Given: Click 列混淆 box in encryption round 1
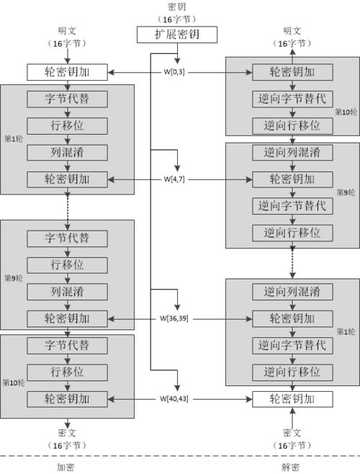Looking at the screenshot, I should pyautogui.click(x=67, y=151).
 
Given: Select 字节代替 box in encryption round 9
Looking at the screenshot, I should pyautogui.click(x=67, y=238).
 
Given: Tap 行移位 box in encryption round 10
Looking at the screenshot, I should pyautogui.click(x=67, y=372).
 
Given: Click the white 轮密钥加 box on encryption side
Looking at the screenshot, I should pyautogui.click(x=67, y=71).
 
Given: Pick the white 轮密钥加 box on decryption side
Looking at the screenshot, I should pyautogui.click(x=292, y=398).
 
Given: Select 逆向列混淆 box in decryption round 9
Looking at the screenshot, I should pyautogui.click(x=292, y=152).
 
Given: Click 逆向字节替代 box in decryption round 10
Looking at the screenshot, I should pyautogui.click(x=292, y=98).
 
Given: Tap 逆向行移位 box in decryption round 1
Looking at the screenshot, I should pyautogui.click(x=292, y=372).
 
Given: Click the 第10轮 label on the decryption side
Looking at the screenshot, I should pyautogui.click(x=347, y=112).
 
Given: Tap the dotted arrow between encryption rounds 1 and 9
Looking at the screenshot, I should pyautogui.click(x=67, y=207).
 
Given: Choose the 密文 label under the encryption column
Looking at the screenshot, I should pyautogui.click(x=67, y=432).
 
